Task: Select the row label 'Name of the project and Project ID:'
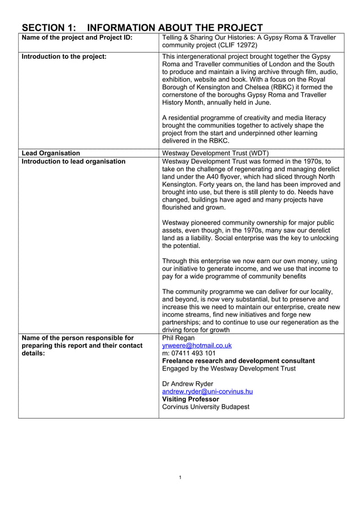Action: pyautogui.click(x=77, y=38)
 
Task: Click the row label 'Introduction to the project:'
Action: pyautogui.click(x=64, y=56)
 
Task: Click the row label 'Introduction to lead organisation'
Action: pyautogui.click(x=73, y=162)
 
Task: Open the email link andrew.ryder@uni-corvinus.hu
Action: pyautogui.click(x=207, y=391)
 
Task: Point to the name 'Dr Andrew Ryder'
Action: pyautogui.click(x=187, y=384)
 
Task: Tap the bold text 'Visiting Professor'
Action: pyautogui.click(x=190, y=399)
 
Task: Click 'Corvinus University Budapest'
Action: pyautogui.click(x=205, y=407)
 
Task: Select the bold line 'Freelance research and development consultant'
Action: pyautogui.click(x=238, y=361)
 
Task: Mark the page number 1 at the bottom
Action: pyautogui.click(x=179, y=478)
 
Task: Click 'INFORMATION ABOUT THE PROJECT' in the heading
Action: pyautogui.click(x=175, y=28)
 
